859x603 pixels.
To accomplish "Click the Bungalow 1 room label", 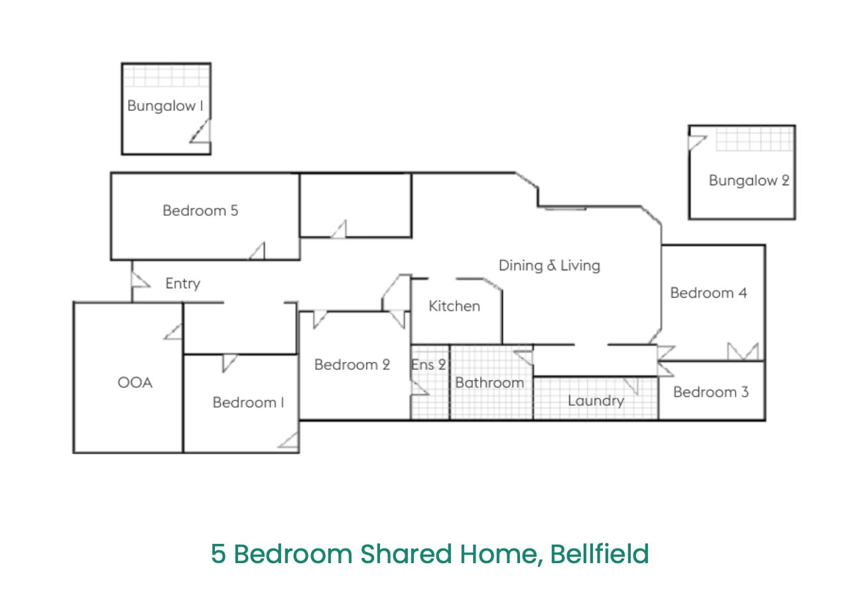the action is point(165,106).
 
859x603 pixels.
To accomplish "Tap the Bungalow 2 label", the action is point(748,181).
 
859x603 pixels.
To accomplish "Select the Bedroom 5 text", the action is point(200,211).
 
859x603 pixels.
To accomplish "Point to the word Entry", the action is point(182,284).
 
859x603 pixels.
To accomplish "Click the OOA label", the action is point(135,383).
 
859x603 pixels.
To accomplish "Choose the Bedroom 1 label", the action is point(248,402).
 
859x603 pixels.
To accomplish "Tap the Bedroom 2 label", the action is point(352,365).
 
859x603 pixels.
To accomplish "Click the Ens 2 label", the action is point(429,365).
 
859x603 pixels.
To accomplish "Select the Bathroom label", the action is point(490,383).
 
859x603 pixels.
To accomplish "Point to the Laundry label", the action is point(596,401).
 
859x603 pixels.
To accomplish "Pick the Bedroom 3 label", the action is point(710,392).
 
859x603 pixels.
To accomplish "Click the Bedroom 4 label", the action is point(708,294).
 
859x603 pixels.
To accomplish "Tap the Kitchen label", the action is point(454,306).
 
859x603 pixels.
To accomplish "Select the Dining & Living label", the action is point(549,266).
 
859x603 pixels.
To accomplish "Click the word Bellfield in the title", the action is point(600,554).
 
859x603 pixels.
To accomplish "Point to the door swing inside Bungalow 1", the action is point(201,131).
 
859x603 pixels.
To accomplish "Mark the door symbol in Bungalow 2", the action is point(697,142).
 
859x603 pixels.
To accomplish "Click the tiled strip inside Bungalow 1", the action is point(166,76).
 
